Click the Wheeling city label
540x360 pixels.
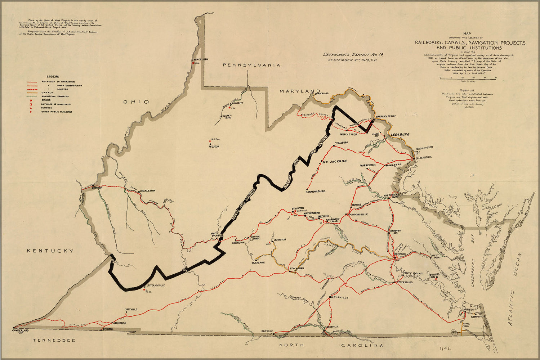point(201,59)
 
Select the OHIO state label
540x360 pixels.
point(136,102)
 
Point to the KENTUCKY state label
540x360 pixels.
point(50,251)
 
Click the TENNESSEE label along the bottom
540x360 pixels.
point(54,340)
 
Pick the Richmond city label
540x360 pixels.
point(400,254)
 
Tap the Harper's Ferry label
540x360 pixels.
point(386,117)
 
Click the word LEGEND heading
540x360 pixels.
point(53,76)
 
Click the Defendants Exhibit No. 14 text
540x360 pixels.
point(345,55)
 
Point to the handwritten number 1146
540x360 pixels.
point(445,348)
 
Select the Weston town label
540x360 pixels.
point(214,147)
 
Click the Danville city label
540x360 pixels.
point(267,331)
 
